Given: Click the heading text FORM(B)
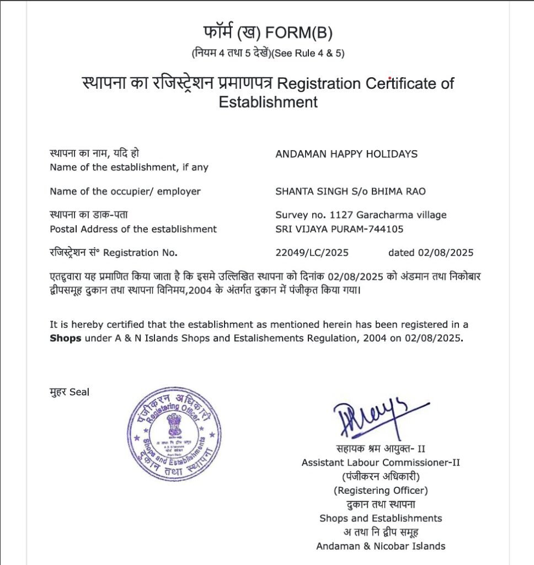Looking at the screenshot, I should click(x=298, y=34).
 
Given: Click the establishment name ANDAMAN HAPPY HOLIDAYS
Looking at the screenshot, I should click(x=346, y=154).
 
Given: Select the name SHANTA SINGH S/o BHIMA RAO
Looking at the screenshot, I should click(x=350, y=191).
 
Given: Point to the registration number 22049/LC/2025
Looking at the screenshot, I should click(x=312, y=253).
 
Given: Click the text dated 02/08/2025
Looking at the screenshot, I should click(x=431, y=253).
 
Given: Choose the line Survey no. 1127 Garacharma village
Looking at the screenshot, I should click(x=361, y=215).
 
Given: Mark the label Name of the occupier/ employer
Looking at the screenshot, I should click(x=125, y=191).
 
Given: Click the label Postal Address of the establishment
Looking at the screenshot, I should click(x=133, y=229).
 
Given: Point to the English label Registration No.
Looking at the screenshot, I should click(x=140, y=253).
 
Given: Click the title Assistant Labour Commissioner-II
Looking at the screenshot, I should click(x=381, y=462).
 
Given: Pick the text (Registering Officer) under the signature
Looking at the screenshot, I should click(x=381, y=490).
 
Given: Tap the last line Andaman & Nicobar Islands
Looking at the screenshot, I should click(x=381, y=546).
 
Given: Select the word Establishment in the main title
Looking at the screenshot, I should click(x=268, y=102).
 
